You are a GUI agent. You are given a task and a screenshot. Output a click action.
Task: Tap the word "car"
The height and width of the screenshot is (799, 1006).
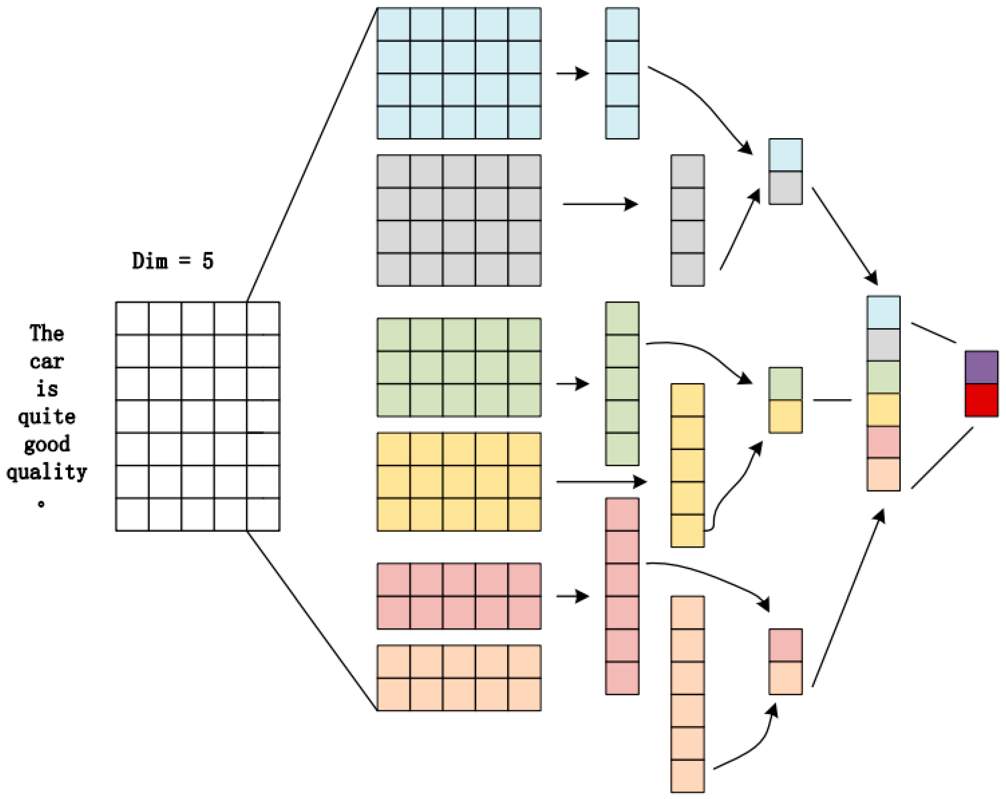(x=47, y=361)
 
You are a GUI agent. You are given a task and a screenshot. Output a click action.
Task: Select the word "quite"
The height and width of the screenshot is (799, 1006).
(x=47, y=416)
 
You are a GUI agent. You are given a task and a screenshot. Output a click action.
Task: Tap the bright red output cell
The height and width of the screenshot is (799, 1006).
(x=981, y=400)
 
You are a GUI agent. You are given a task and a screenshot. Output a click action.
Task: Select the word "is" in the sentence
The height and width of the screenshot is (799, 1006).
(x=47, y=389)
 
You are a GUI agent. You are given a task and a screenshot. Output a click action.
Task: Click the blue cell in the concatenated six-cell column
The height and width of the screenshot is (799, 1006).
(x=883, y=313)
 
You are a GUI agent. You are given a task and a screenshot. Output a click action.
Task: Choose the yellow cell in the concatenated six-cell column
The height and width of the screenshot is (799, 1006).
(x=883, y=410)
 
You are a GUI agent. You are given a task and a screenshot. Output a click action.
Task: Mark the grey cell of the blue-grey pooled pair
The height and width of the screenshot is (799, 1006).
(x=785, y=188)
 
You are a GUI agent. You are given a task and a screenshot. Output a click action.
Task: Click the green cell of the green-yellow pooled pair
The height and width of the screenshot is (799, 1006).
(x=785, y=383)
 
